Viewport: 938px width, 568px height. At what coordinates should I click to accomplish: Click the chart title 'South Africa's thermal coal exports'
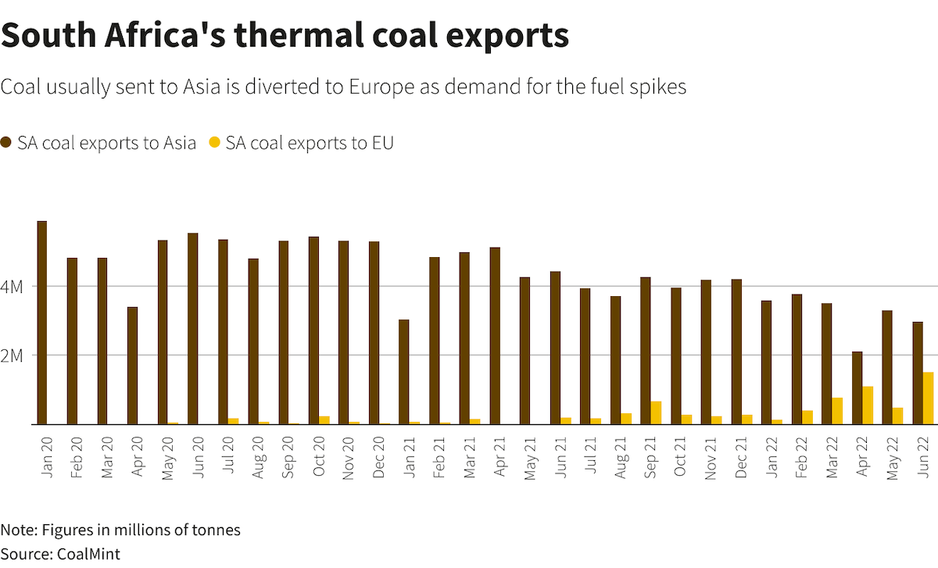pos(285,35)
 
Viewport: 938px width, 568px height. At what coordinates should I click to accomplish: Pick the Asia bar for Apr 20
pos(132,366)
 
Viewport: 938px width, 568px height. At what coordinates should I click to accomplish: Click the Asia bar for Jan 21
pos(403,372)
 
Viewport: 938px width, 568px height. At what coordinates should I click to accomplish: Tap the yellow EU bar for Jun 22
pos(928,398)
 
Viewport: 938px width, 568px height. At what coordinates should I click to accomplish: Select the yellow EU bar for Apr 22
pos(868,405)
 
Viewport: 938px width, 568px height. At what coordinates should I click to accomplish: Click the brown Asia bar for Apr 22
pos(857,388)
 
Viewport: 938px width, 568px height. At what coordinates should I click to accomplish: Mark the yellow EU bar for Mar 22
pos(837,411)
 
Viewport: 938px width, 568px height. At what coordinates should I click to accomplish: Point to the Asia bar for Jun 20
pos(192,329)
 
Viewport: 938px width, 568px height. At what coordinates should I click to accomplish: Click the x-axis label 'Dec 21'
pos(741,454)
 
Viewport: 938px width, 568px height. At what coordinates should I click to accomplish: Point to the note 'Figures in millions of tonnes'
pos(141,530)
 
